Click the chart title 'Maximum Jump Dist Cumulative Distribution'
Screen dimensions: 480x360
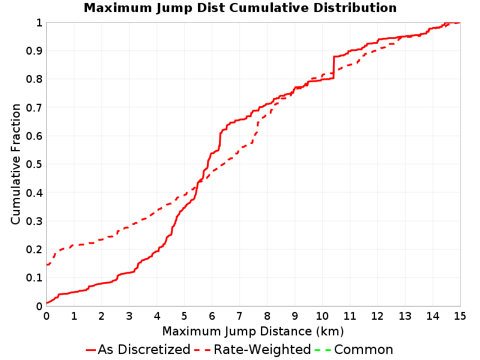(240, 8)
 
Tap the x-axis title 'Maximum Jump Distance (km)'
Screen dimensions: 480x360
(253, 331)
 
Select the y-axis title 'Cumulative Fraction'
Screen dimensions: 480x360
(16, 164)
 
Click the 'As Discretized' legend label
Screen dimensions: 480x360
(144, 349)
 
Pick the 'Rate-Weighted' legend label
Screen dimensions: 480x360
(262, 349)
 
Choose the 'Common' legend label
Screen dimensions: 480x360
(364, 350)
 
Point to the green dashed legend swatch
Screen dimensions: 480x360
(323, 350)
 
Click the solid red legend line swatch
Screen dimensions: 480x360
(91, 350)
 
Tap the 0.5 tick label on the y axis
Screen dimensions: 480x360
(34, 164)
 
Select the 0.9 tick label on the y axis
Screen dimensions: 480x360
(34, 51)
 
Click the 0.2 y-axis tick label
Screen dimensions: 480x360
(34, 250)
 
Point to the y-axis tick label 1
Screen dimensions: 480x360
(39, 23)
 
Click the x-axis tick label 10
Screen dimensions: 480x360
(322, 316)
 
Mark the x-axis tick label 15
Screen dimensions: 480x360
(460, 316)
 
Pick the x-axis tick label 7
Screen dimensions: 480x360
(239, 316)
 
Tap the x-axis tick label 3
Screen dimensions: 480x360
(129, 316)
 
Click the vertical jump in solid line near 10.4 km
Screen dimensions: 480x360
(334, 67)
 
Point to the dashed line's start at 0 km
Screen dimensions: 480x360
(47, 265)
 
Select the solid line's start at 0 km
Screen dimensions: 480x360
(47, 303)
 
